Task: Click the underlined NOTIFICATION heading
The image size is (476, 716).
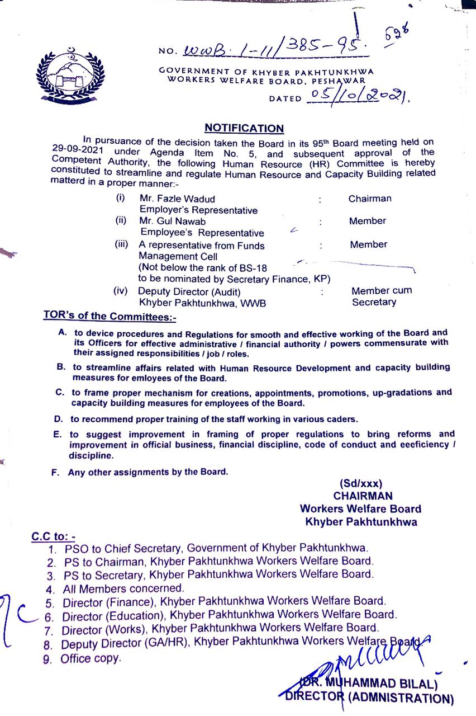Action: tap(244, 128)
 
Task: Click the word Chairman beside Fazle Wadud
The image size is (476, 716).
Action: tap(370, 199)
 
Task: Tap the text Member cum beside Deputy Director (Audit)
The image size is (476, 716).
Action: tap(382, 291)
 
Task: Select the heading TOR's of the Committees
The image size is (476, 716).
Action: tap(110, 317)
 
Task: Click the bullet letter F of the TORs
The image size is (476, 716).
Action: tap(55, 472)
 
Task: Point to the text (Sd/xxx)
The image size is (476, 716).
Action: tap(361, 484)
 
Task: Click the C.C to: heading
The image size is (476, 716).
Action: tap(54, 536)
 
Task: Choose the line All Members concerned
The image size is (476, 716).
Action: tap(123, 588)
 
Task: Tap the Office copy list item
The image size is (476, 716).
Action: tap(91, 658)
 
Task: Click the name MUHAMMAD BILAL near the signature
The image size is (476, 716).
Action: tap(380, 684)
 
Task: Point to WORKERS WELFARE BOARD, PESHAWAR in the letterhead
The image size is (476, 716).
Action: tap(266, 80)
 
